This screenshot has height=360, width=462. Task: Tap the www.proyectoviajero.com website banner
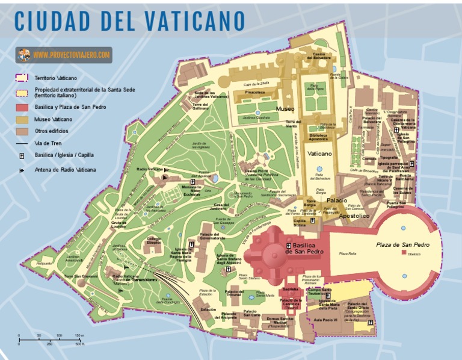[64, 55]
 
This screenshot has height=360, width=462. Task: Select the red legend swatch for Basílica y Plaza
[22, 107]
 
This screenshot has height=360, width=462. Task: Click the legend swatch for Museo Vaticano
[22, 119]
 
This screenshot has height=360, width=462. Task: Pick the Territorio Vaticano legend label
[55, 78]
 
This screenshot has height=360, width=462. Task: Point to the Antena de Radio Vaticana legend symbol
[22, 170]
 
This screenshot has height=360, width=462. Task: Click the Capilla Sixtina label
[300, 223]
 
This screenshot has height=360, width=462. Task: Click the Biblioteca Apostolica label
[319, 137]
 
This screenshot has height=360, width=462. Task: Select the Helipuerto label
[44, 263]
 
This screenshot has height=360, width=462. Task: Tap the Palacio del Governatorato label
[212, 236]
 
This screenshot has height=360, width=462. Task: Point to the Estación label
[208, 309]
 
